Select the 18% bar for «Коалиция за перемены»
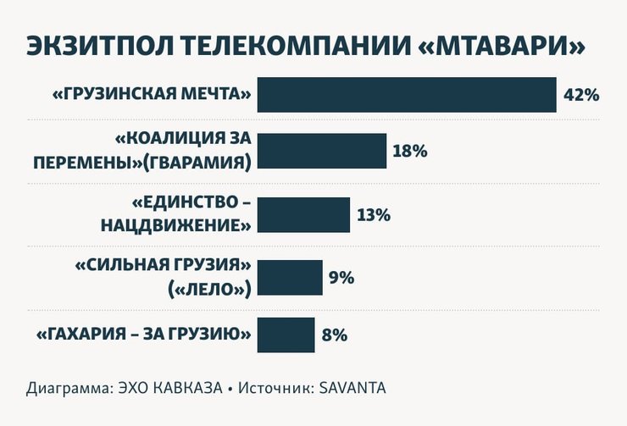[x=322, y=152]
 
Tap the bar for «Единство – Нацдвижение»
[x=303, y=215]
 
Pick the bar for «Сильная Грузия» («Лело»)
[x=290, y=277]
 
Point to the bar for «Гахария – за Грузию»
[x=286, y=335]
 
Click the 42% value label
[x=581, y=95]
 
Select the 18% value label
[x=410, y=152]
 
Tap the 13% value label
[x=374, y=215]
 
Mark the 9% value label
[x=341, y=277]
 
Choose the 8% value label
[x=335, y=335]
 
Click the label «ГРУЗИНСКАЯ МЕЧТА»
[x=153, y=95]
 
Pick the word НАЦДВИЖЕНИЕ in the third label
[x=176, y=226]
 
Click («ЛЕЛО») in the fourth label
[x=209, y=289]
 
